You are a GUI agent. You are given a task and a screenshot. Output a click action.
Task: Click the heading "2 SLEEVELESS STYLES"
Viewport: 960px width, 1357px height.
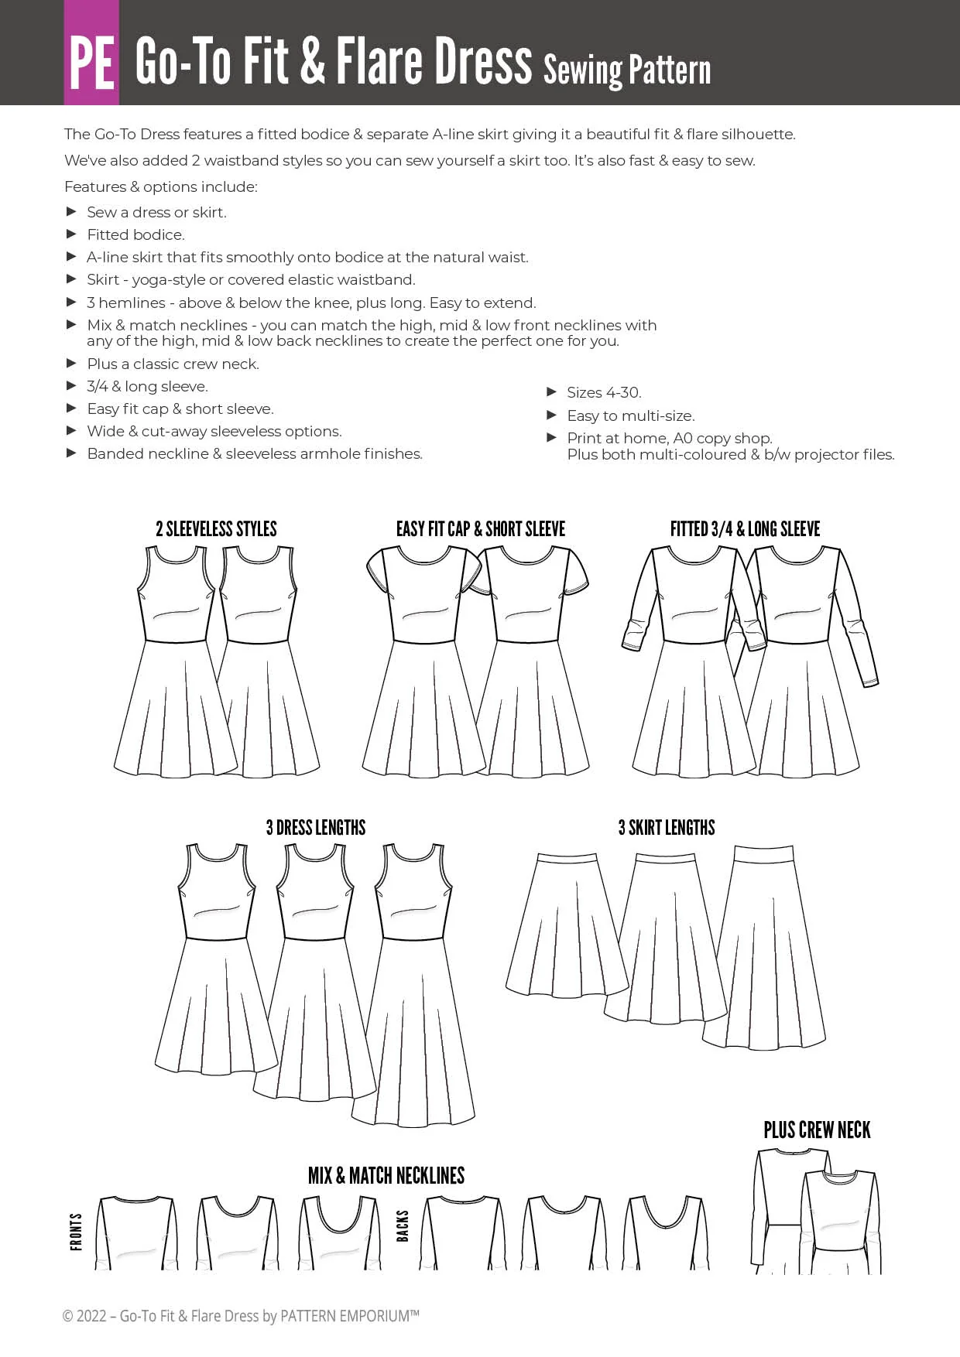click(x=216, y=529)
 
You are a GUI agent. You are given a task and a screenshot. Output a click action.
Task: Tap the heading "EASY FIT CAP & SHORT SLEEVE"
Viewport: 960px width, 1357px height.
click(x=481, y=529)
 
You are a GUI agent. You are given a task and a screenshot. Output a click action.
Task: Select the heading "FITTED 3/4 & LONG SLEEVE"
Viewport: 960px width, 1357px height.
click(x=745, y=529)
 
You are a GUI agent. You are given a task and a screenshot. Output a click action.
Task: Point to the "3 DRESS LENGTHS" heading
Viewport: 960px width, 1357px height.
click(x=316, y=828)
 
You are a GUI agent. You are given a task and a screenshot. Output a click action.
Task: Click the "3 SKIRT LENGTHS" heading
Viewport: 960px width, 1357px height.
click(x=667, y=828)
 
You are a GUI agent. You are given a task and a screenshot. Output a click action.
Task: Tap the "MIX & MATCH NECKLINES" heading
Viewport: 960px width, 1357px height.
click(x=386, y=1176)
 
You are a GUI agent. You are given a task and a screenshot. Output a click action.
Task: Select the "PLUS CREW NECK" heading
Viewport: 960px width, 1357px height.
click(x=817, y=1130)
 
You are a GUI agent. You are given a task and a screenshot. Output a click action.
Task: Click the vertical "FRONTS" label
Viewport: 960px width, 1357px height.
click(x=76, y=1232)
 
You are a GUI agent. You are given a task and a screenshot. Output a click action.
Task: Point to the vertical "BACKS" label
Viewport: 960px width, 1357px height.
click(x=403, y=1226)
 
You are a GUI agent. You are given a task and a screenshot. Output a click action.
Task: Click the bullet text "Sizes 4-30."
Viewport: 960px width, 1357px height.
click(x=604, y=393)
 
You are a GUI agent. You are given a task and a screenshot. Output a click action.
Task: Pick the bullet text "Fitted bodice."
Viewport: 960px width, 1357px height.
click(x=135, y=234)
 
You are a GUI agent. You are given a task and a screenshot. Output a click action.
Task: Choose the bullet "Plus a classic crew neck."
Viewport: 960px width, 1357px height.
click(x=173, y=364)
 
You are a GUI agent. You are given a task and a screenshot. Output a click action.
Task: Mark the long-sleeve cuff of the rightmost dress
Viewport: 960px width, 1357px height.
click(x=871, y=681)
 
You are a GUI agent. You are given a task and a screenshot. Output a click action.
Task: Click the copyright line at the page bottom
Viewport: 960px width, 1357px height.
click(x=241, y=1316)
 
